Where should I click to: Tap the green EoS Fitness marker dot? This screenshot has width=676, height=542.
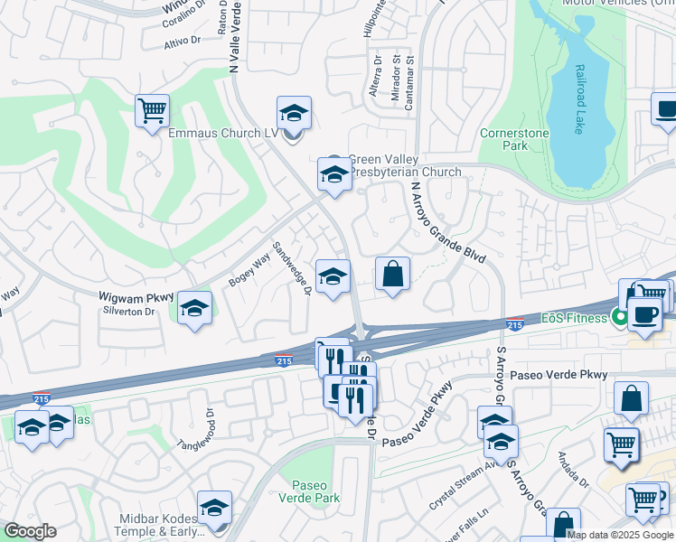pos(619,318)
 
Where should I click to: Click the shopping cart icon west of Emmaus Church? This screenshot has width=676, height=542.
pos(153,111)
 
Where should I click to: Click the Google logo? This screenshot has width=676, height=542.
pos(30,531)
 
